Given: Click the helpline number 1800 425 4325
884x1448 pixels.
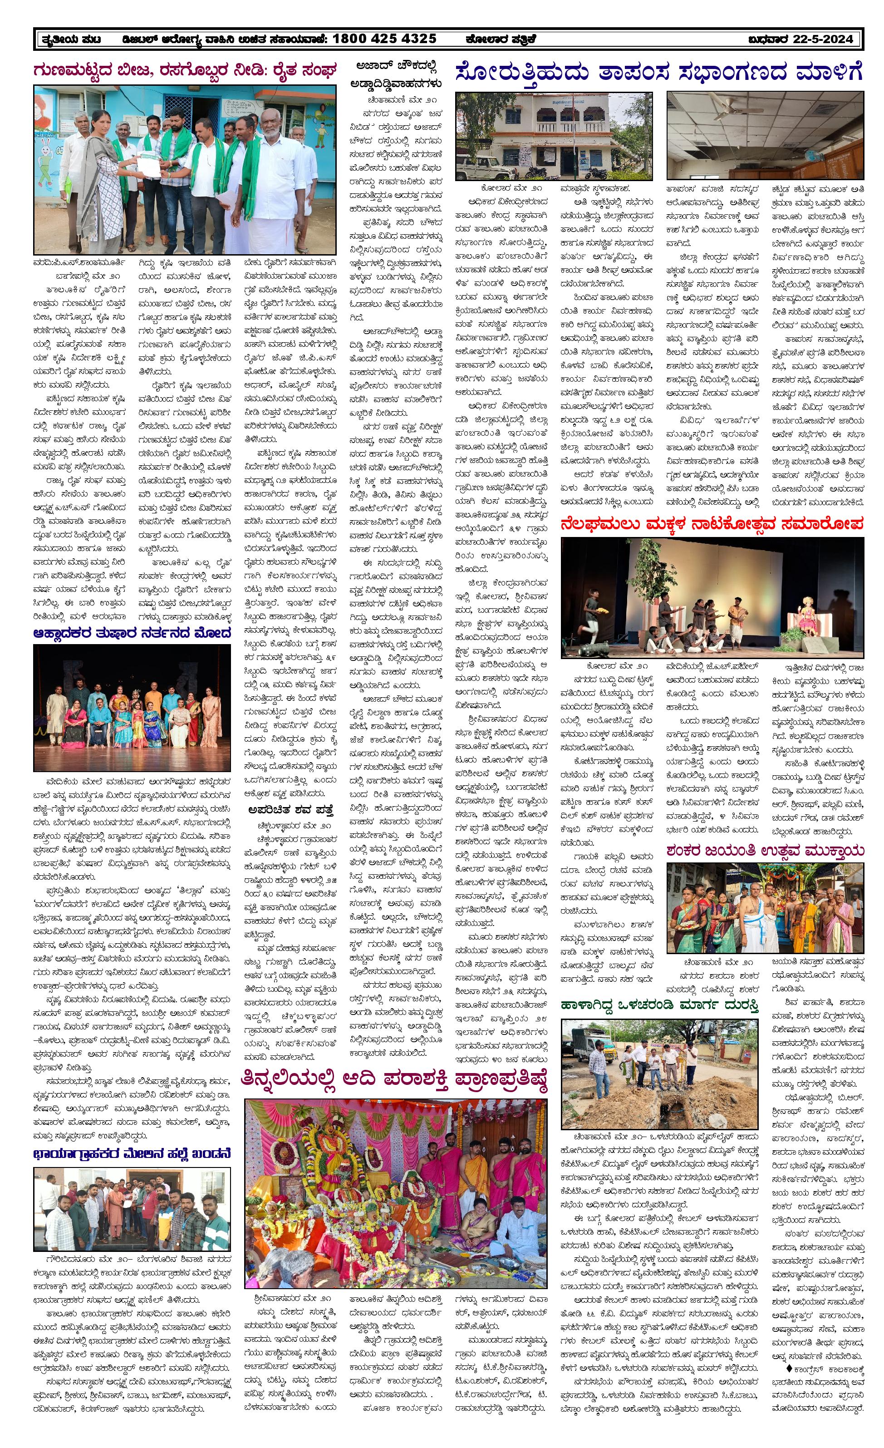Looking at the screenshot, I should (x=384, y=39).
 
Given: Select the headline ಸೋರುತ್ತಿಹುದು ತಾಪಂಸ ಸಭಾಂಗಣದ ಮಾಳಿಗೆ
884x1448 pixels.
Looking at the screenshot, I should (x=659, y=73).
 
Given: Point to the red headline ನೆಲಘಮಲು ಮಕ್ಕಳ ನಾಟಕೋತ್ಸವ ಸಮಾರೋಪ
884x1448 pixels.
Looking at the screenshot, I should (x=712, y=523).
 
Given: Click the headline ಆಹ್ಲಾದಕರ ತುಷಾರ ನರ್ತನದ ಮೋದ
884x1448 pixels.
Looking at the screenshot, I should (x=132, y=633).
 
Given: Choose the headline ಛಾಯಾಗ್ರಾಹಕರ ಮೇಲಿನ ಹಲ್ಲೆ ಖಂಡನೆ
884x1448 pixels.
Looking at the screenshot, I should (x=132, y=1153).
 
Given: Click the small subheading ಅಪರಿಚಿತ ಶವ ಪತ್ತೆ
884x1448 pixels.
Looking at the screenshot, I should (x=291, y=810).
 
